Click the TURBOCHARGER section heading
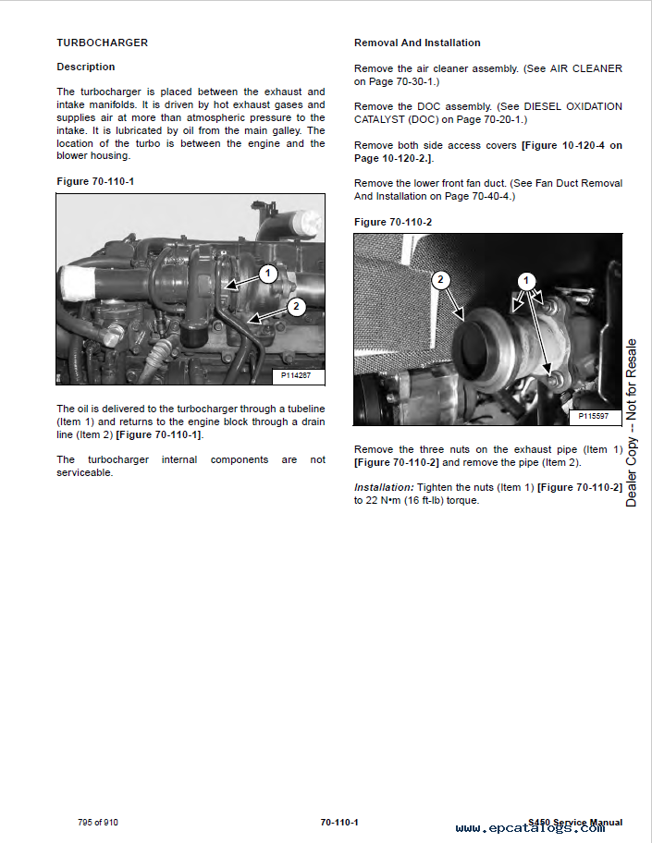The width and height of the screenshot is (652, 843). [x=103, y=43]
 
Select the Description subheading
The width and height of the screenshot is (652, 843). [x=85, y=67]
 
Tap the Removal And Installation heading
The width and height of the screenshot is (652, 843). [x=417, y=43]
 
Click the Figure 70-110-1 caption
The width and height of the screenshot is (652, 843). [x=95, y=182]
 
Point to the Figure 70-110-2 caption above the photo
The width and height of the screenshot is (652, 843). [x=393, y=222]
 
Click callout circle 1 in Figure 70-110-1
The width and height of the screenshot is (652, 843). [x=268, y=274]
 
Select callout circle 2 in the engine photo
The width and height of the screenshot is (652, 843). [x=296, y=307]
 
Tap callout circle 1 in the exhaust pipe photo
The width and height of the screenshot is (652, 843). [x=526, y=281]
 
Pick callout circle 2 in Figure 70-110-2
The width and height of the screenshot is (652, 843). [x=440, y=279]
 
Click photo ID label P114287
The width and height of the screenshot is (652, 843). [x=296, y=376]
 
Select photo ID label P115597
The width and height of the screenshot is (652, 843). [x=594, y=416]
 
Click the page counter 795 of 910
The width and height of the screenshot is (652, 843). [x=98, y=823]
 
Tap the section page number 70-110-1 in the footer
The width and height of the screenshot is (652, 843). [x=339, y=823]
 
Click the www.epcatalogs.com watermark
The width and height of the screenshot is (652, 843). [x=530, y=828]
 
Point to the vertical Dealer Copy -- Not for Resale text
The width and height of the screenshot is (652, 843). [x=631, y=422]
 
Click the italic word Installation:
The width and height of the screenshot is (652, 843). [x=384, y=488]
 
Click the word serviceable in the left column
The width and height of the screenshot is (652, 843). [x=84, y=473]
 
